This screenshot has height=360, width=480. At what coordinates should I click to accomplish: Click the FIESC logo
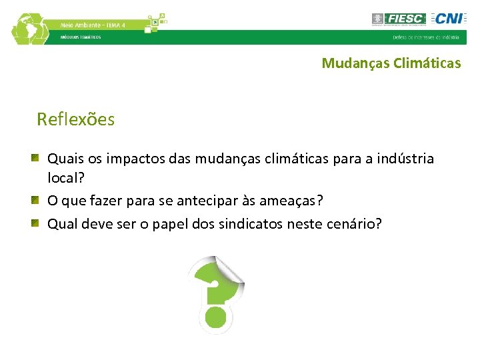398,19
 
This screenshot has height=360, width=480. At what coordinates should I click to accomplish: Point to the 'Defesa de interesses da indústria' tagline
425,37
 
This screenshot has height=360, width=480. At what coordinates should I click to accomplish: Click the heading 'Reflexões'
75,119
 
